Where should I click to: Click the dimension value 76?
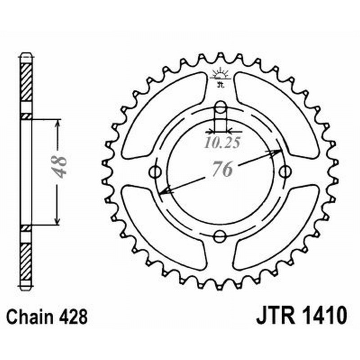tap(220, 170)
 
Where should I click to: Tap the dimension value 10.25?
tap(221, 143)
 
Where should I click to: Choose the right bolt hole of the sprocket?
tap(284, 171)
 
